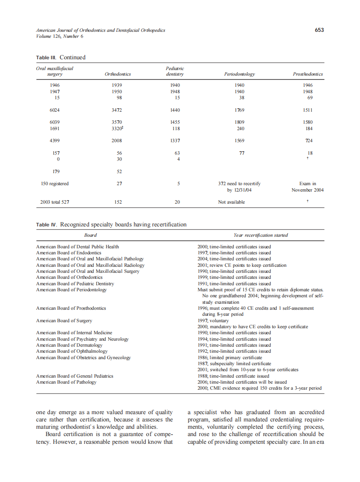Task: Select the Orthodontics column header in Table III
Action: tap(118, 74)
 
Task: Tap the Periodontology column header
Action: tap(239, 74)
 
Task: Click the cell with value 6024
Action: tap(55, 110)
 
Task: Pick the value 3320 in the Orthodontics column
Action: tap(117, 128)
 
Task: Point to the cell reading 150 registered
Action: tap(55, 183)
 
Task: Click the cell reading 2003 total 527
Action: tap(55, 202)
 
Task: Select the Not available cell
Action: tap(232, 202)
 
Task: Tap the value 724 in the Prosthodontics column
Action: tap(308, 140)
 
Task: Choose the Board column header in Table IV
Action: tap(91, 235)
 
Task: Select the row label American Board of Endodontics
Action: tap(69, 253)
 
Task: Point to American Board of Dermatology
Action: tap(69, 345)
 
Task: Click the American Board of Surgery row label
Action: tap(64, 320)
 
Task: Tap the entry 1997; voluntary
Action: tap(213, 320)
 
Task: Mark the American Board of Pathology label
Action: tap(66, 382)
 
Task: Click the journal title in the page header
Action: tap(101, 30)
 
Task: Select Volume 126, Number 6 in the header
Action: tap(60, 36)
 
